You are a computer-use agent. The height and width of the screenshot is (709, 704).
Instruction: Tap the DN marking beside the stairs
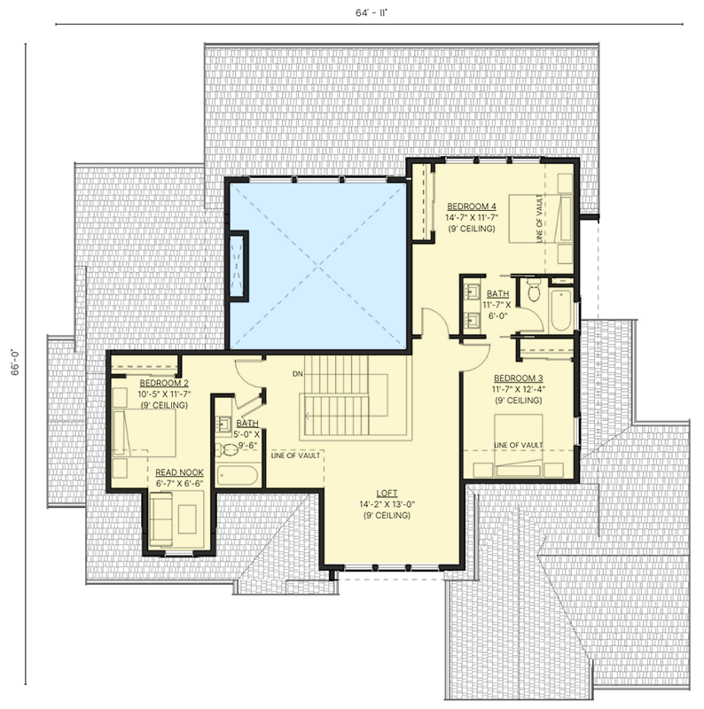298,374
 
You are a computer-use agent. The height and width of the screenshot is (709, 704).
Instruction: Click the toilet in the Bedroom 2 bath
230,450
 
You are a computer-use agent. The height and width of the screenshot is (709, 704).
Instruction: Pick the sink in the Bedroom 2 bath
223,424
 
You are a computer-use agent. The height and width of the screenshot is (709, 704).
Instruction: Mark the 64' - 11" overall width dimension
364,12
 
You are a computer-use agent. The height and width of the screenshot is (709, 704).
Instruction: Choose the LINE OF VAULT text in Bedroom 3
518,445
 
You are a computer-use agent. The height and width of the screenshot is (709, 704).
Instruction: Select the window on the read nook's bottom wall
179,553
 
